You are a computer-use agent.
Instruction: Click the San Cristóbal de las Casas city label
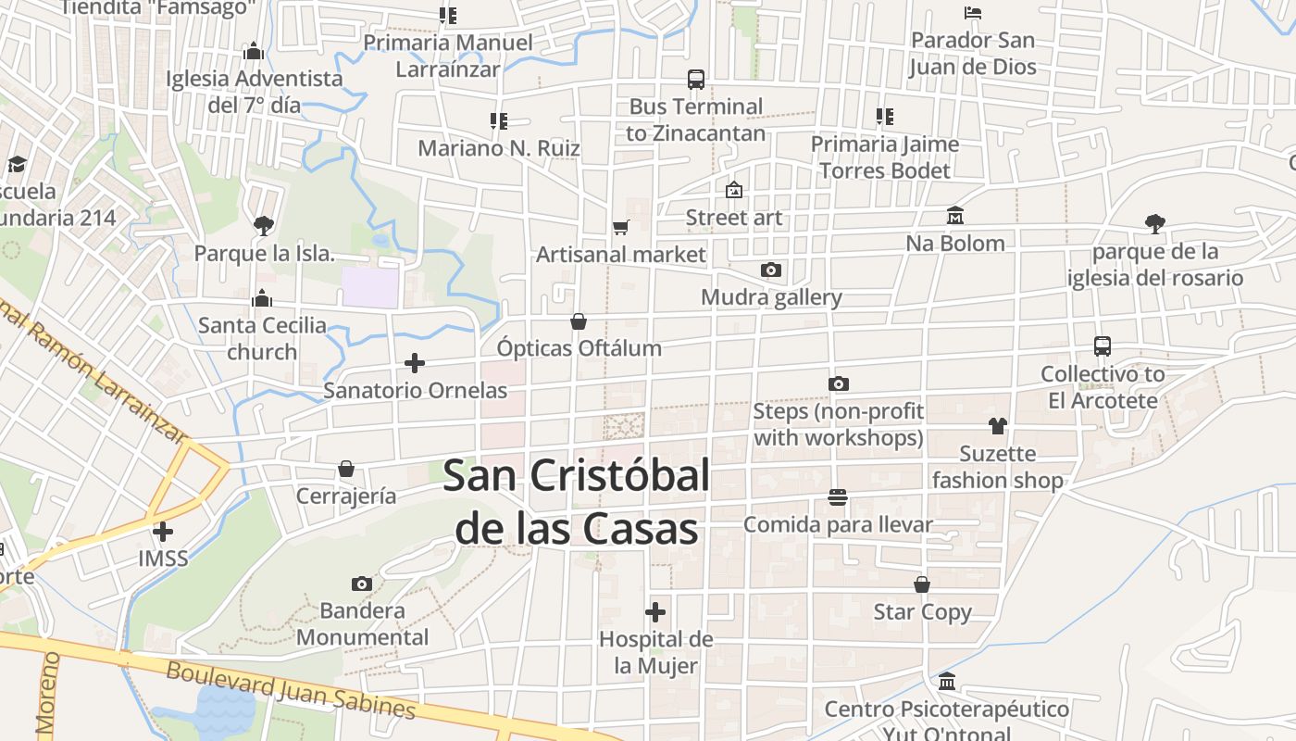[x=576, y=502]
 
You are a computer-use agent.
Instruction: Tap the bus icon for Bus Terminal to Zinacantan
[x=696, y=80]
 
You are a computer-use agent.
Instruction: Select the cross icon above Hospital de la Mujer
[x=655, y=612]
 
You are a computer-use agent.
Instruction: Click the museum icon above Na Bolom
[x=955, y=216]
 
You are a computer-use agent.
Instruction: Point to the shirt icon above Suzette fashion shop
[x=997, y=426]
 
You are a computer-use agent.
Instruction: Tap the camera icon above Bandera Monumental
[x=362, y=584]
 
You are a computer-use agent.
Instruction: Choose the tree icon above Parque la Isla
[x=264, y=225]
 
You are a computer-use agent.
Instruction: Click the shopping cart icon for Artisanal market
[x=620, y=227]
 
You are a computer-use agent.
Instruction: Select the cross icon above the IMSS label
[x=163, y=532]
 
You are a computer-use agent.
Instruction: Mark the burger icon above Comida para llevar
[x=838, y=497]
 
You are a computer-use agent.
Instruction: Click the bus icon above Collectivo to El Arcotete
[x=1102, y=346]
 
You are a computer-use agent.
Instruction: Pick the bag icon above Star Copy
[x=922, y=584]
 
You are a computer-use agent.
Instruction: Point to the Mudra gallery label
[x=771, y=297]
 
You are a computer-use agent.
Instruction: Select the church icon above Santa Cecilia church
[x=262, y=298]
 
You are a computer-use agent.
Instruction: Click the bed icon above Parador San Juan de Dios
[x=972, y=13]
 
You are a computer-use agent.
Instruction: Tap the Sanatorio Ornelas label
[x=415, y=390]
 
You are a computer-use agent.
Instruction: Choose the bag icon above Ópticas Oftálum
[x=579, y=321]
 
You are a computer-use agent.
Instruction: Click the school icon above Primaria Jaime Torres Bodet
[x=885, y=117]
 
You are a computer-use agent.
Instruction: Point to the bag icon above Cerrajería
[x=346, y=469]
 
